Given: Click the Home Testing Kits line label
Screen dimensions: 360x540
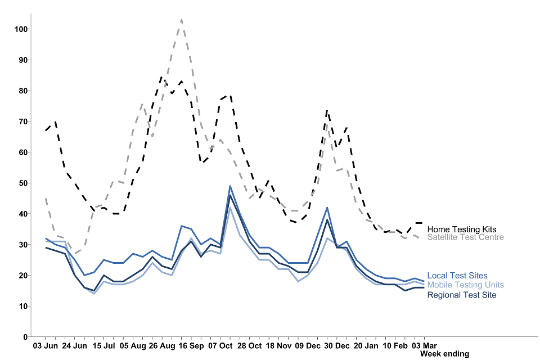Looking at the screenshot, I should tap(461, 229).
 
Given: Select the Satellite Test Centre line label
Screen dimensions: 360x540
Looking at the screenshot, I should tap(465, 237).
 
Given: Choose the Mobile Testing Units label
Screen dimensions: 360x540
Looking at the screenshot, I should tap(465, 285).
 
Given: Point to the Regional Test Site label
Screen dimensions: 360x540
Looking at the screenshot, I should tap(461, 295).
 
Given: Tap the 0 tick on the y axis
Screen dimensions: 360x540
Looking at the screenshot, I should tap(25, 337).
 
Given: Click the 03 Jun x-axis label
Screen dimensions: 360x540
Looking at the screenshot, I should tap(46, 345).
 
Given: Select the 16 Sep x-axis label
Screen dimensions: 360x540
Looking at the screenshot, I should tap(192, 345).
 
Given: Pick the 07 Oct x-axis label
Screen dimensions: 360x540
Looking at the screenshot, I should tap(220, 345).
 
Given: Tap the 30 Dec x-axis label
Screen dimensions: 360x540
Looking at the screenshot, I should tap(336, 345).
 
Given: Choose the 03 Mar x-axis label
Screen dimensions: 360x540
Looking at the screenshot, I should tap(425, 345).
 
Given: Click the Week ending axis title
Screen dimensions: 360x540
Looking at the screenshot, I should tap(444, 354).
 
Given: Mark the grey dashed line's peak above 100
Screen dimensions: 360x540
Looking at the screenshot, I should tap(182, 20).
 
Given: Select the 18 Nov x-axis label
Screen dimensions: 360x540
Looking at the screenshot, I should tap(278, 345).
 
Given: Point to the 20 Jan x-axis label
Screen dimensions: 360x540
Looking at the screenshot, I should tap(366, 345).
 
